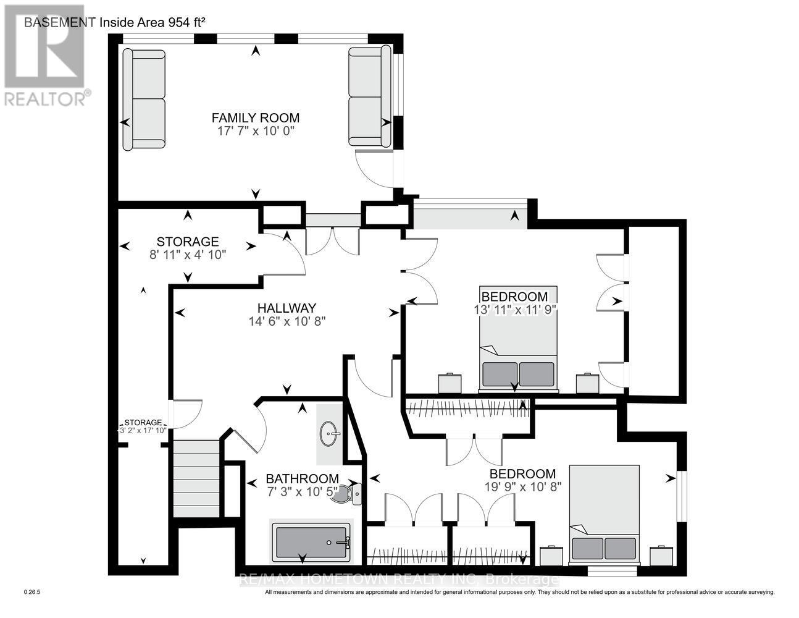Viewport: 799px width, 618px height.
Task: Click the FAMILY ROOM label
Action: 255,117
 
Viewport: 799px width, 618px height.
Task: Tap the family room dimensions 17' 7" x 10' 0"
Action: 256,131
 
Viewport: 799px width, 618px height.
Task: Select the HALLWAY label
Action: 287,308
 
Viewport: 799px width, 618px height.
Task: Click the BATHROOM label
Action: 302,478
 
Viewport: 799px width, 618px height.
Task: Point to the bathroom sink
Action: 330,434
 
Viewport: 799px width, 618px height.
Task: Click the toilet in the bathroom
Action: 346,494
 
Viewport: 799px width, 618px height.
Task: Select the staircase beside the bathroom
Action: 196,478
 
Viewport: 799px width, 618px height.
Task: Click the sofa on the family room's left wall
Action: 144,100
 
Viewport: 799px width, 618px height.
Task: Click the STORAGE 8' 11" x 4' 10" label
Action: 188,248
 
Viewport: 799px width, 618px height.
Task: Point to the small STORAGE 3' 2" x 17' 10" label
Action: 143,426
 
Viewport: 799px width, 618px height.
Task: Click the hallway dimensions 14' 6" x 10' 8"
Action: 287,321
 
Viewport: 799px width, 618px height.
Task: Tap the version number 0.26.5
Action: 31,592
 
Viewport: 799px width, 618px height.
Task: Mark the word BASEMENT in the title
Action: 60,22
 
